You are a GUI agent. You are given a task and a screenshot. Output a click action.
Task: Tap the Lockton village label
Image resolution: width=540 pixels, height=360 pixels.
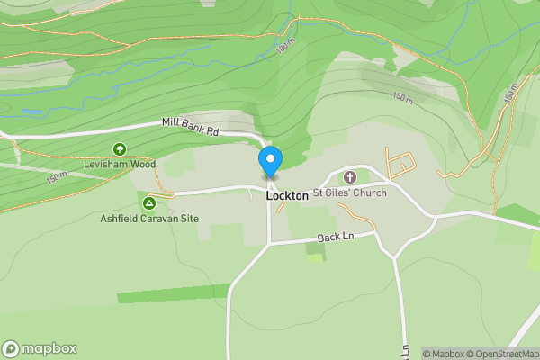pyautogui.click(x=287, y=194)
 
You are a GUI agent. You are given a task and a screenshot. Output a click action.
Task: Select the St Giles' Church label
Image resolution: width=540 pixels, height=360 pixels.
pyautogui.click(x=349, y=193)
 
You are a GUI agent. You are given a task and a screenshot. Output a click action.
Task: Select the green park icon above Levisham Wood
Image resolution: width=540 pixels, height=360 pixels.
pyautogui.click(x=118, y=149)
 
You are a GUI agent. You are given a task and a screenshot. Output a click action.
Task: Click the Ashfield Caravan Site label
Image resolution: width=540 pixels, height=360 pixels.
pyautogui.click(x=149, y=219)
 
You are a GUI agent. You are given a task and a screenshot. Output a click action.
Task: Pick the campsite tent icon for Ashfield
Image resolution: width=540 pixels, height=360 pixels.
pyautogui.click(x=149, y=203)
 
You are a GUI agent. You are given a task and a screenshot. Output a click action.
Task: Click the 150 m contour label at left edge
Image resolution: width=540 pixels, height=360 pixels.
pyautogui.click(x=56, y=178)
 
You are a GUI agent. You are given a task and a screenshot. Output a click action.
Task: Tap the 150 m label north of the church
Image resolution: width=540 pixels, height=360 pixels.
pyautogui.click(x=402, y=96)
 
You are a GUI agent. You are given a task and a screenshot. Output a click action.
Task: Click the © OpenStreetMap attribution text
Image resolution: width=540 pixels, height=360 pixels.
pyautogui.click(x=505, y=354)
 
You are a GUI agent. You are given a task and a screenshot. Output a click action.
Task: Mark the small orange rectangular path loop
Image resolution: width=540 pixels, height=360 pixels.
pyautogui.click(x=401, y=165)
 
